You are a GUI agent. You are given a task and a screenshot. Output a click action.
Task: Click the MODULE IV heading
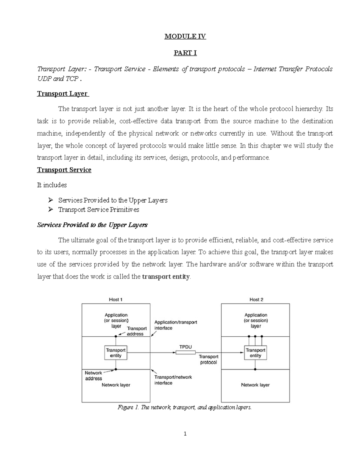[x=185, y=37]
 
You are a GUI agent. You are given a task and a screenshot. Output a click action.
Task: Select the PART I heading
[x=185, y=53]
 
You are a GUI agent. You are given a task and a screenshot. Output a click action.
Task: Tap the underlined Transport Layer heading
[x=63, y=94]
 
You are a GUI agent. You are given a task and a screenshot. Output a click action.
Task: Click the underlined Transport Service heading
[x=64, y=170]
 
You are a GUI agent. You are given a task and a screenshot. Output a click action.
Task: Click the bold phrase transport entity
[x=166, y=277]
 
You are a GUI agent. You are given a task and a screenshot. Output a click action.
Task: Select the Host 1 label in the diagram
[x=115, y=299]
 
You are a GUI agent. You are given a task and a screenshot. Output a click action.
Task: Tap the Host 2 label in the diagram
[x=256, y=299]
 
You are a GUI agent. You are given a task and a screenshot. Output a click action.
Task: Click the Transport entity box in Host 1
[x=116, y=353]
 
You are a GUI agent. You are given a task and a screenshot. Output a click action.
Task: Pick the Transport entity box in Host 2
[x=255, y=353]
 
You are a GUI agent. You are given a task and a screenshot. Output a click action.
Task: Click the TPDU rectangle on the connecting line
[x=185, y=353]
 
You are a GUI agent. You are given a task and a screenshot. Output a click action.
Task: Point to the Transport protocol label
[x=208, y=359]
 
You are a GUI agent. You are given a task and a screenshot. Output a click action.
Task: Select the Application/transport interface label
[x=175, y=325]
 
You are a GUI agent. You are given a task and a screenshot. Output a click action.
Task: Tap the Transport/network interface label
[x=173, y=380]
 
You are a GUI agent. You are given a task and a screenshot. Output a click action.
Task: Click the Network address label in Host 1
[x=93, y=376]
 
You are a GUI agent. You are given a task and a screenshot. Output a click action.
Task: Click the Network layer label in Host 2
[x=255, y=385]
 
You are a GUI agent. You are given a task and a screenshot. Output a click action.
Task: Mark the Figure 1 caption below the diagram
[x=185, y=407]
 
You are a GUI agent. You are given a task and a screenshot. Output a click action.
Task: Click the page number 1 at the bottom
[x=185, y=434]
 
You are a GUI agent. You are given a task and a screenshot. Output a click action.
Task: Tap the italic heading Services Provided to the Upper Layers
[x=92, y=225]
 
